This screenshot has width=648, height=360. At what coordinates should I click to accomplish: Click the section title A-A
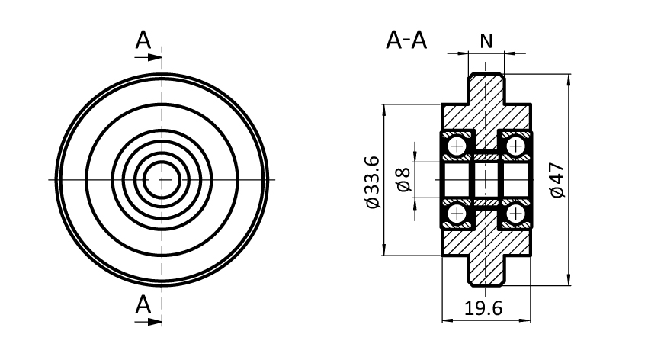tap(407, 40)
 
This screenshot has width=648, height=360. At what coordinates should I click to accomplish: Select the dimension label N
tap(486, 40)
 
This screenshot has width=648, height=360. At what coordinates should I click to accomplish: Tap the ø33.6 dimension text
tap(372, 181)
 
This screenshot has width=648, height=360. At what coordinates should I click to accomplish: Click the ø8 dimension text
tap(403, 180)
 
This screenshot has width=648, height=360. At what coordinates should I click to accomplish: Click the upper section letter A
tap(143, 40)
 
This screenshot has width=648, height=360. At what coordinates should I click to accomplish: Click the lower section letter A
tap(143, 305)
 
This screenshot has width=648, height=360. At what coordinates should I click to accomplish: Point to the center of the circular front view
tap(162, 180)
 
